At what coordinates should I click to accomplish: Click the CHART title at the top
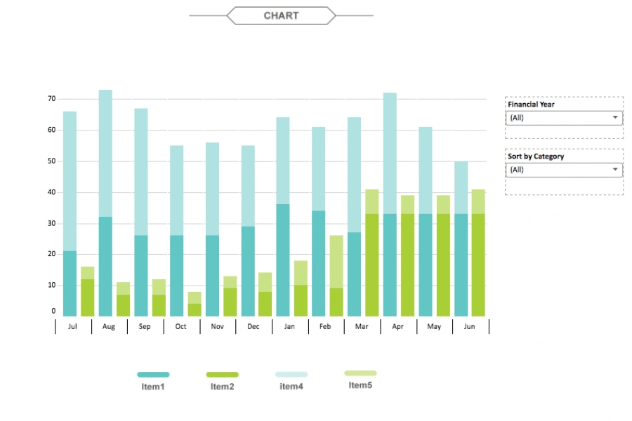[x=281, y=15]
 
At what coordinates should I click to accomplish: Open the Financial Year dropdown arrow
[x=615, y=117]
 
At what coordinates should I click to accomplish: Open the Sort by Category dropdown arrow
[x=615, y=170]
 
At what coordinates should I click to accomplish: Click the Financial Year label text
[x=531, y=105]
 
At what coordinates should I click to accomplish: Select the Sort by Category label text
[x=536, y=156]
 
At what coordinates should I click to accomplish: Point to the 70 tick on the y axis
[x=51, y=99]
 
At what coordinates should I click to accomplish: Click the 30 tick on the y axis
[x=51, y=224]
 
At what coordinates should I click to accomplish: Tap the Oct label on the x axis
[x=181, y=327]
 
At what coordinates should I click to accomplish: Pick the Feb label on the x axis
[x=326, y=327]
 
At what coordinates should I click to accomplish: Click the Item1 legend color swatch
[x=153, y=375]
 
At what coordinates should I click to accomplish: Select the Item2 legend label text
[x=223, y=387]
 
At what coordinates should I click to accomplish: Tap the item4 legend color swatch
[x=291, y=375]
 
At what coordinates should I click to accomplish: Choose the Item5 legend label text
[x=360, y=385]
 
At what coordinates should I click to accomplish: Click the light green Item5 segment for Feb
[x=336, y=261]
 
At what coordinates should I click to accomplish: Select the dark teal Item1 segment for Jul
[x=70, y=283]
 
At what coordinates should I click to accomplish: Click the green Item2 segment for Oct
[x=194, y=309]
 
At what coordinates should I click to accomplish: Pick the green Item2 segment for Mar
[x=372, y=265]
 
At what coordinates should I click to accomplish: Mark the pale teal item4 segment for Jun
[x=461, y=187]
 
